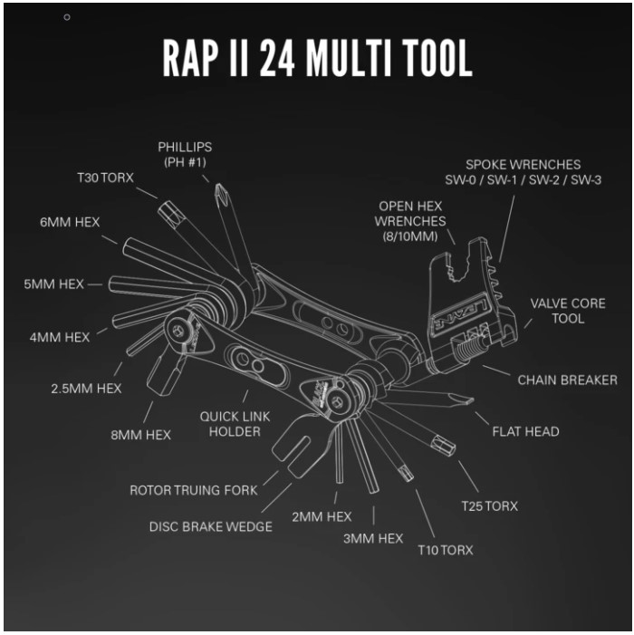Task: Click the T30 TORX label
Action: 105,178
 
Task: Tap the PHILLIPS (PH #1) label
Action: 185,153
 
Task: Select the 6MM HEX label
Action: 70,222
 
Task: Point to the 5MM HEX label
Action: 53,284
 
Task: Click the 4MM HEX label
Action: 60,337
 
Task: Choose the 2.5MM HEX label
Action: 87,389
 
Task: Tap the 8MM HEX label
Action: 140,435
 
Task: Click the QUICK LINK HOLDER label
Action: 235,424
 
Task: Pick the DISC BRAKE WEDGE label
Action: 211,526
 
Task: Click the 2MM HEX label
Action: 322,516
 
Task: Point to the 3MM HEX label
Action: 373,538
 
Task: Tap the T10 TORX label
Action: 445,549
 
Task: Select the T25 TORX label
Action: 488,505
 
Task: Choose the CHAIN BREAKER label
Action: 567,380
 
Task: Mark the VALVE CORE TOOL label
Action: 568,310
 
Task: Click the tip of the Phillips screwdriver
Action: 217,188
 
